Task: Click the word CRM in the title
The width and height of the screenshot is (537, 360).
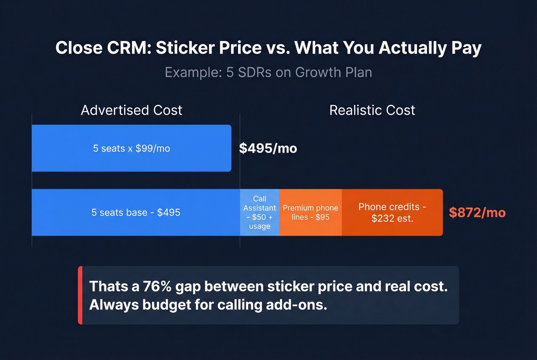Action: point(129,48)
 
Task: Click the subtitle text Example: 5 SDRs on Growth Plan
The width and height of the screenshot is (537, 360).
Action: point(268,72)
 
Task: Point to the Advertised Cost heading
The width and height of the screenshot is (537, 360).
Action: point(131,110)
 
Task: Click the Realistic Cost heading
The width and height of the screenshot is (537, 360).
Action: point(372,110)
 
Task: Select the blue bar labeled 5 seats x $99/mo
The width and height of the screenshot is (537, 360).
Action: point(131,148)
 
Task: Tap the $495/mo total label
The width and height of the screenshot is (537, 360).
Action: point(268,148)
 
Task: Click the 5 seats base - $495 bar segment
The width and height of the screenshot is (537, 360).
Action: point(136,212)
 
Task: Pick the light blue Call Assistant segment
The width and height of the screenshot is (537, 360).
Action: point(260,212)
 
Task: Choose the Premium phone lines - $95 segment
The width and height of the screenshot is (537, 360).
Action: point(310,212)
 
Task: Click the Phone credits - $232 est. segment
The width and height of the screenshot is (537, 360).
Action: point(392,212)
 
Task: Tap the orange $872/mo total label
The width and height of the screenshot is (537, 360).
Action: point(477,212)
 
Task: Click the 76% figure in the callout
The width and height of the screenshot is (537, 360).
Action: point(157,287)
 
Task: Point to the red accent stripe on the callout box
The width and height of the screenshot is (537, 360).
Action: point(80,295)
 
